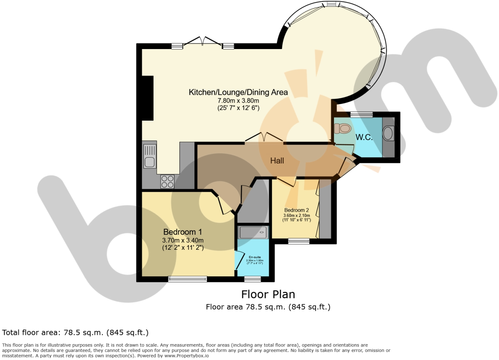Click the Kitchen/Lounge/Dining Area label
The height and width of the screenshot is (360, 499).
[238, 92]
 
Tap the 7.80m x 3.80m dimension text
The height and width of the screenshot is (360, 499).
[238, 101]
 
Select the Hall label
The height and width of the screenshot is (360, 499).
[277, 160]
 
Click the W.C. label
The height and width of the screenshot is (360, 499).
[364, 137]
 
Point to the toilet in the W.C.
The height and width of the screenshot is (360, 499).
[343, 128]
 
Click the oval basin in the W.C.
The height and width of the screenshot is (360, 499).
[388, 133]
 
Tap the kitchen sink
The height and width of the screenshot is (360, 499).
[149, 162]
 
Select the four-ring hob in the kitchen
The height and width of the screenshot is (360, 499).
[167, 181]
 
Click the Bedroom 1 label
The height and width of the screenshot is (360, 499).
[182, 232]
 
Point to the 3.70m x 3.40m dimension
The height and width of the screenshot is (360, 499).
[183, 240]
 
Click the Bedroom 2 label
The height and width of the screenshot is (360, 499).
[296, 210]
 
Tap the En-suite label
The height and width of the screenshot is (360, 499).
[255, 257]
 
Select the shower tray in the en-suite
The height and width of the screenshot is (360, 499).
[253, 232]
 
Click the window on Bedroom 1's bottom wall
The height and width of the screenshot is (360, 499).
[187, 279]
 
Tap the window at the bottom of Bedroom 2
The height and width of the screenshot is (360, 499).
[299, 241]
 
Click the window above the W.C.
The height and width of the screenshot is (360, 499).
[361, 114]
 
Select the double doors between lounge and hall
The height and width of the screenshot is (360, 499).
[264, 138]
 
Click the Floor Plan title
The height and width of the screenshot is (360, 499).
[268, 294]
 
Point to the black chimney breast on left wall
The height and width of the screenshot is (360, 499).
[148, 98]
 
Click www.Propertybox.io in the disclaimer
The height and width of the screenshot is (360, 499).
[186, 356]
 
